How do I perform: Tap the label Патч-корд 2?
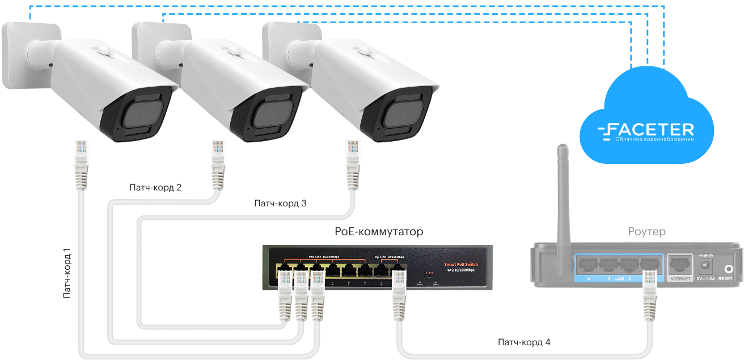155,187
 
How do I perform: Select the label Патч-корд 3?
280,203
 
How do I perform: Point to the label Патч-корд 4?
524,342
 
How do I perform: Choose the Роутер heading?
647,231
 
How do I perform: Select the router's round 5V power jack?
706,265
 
